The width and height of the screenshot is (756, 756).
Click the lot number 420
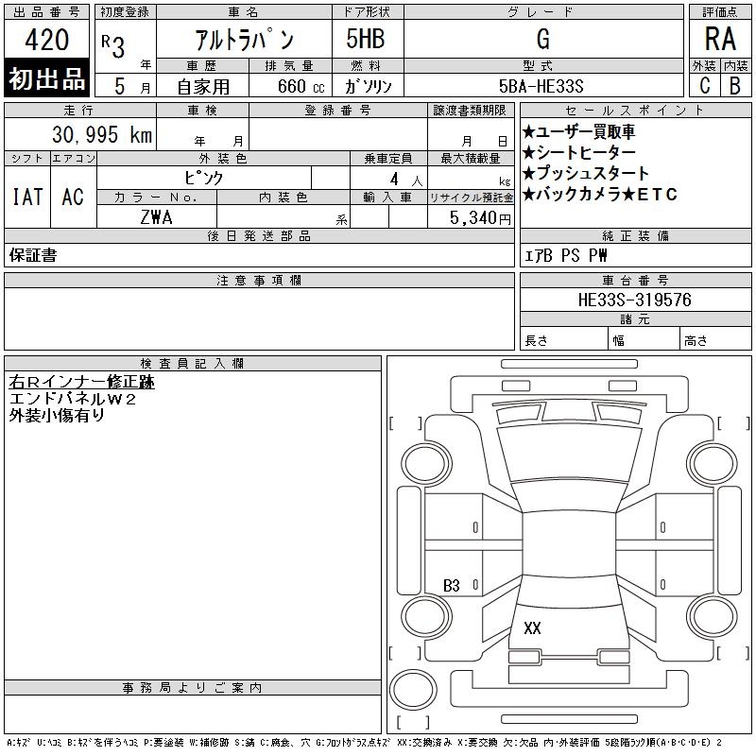point(46,39)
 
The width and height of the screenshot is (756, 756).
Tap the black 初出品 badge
point(46,78)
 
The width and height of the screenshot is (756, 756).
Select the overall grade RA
point(720,39)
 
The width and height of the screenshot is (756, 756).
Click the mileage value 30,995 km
point(102,134)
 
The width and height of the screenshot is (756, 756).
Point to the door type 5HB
point(366,39)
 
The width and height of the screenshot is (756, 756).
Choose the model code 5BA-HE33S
point(541,86)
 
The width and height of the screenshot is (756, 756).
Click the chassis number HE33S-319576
point(634,300)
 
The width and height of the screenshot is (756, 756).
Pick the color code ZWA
point(156,217)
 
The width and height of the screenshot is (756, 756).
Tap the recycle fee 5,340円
point(480,218)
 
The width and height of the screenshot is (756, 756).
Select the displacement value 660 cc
point(301,86)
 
